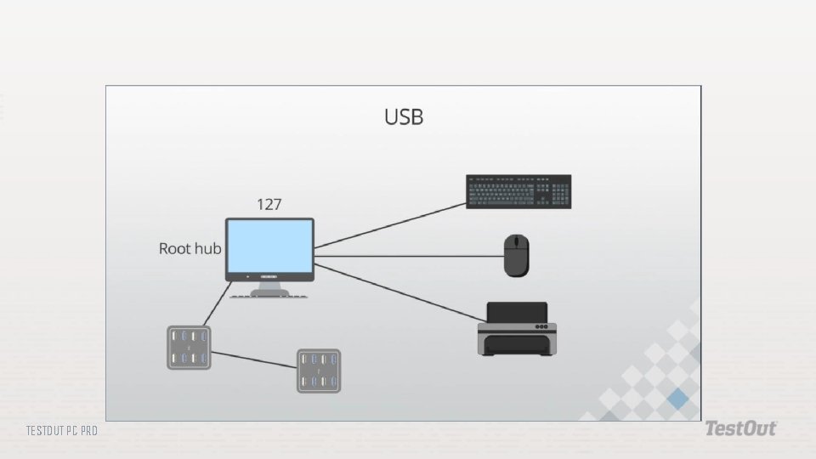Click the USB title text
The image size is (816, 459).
pyautogui.click(x=404, y=117)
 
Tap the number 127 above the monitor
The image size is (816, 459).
pyautogui.click(x=269, y=204)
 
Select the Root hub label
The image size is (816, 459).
pyautogui.click(x=190, y=249)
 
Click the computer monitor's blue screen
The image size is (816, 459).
pyautogui.click(x=269, y=246)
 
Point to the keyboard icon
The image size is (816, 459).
pyautogui.click(x=518, y=191)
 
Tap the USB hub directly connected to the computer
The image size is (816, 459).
pyautogui.click(x=188, y=348)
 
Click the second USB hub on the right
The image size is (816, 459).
pyautogui.click(x=319, y=371)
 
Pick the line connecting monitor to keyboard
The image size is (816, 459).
pyautogui.click(x=391, y=227)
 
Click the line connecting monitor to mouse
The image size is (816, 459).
pyautogui.click(x=408, y=256)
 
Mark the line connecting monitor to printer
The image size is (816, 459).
pyautogui.click(x=395, y=293)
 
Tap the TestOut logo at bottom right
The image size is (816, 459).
pyautogui.click(x=739, y=429)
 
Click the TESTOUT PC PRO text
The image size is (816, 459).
pyautogui.click(x=61, y=431)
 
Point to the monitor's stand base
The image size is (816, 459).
pyautogui.click(x=269, y=293)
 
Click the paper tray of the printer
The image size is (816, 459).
pyautogui.click(x=516, y=345)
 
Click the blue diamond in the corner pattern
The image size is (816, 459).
pyautogui.click(x=677, y=398)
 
